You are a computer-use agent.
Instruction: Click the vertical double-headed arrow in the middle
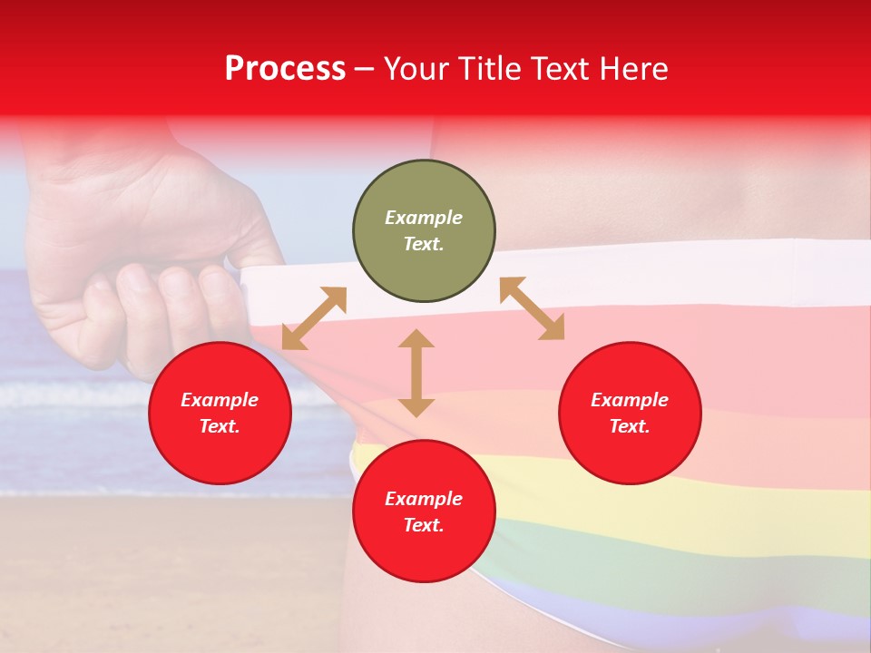coord(416,373)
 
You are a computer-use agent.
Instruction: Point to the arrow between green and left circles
coord(314,318)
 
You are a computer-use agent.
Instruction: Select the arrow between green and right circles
coord(533,308)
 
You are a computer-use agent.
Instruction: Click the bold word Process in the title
coord(285,68)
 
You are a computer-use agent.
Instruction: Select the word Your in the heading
coord(415,68)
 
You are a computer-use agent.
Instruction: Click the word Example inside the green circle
coord(424,218)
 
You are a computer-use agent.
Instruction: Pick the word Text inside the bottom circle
coord(424,525)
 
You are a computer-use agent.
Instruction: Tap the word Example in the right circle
coord(630,400)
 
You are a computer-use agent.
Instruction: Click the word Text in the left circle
coord(220,426)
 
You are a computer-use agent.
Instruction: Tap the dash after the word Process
coord(365,70)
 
